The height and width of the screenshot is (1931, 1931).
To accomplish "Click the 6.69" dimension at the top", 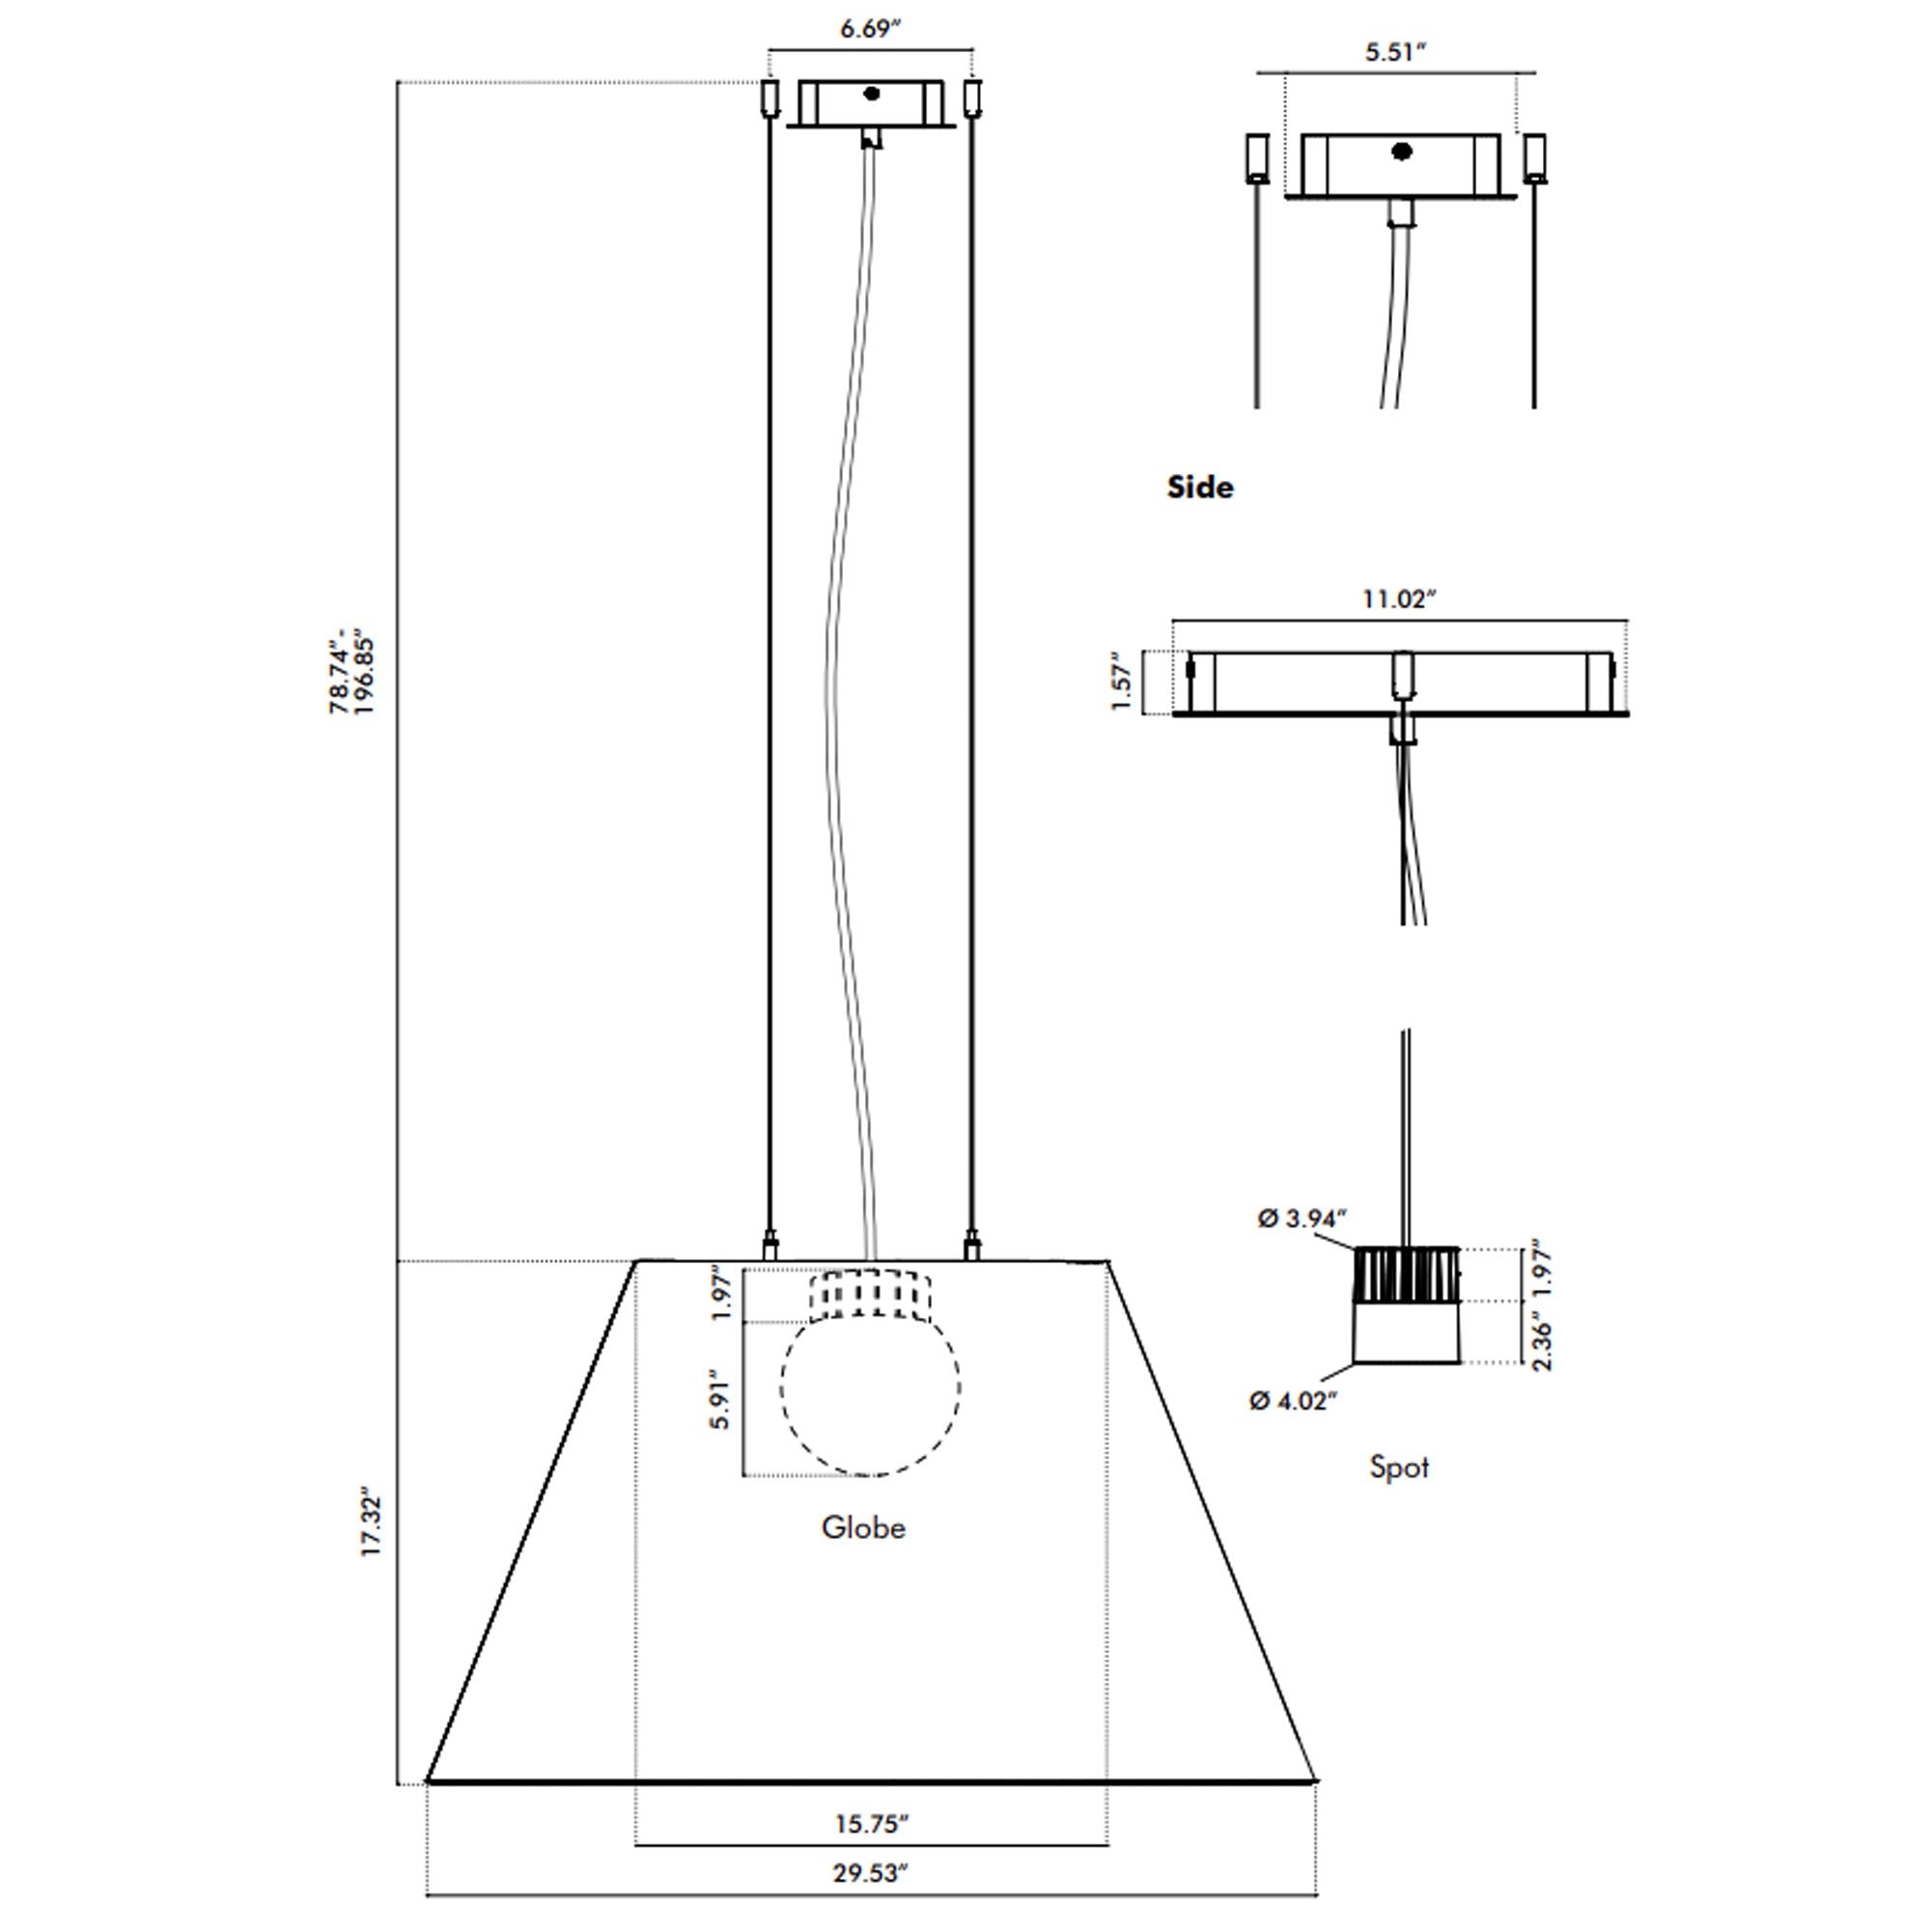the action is point(871,28).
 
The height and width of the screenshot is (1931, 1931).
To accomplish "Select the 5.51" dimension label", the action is point(1395,52).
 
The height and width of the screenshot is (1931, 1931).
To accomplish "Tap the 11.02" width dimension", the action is point(1399,599).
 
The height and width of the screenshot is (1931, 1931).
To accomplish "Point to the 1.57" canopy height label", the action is point(1123,682).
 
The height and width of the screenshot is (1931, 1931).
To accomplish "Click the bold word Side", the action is point(1200,487).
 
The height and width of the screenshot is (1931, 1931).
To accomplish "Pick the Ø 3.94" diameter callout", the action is point(1302,1218).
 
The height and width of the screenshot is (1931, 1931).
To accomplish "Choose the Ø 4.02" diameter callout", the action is point(1294,1400).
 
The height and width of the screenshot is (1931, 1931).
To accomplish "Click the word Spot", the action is point(1399,1468).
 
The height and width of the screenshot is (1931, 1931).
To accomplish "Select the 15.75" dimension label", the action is point(872,1824).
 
